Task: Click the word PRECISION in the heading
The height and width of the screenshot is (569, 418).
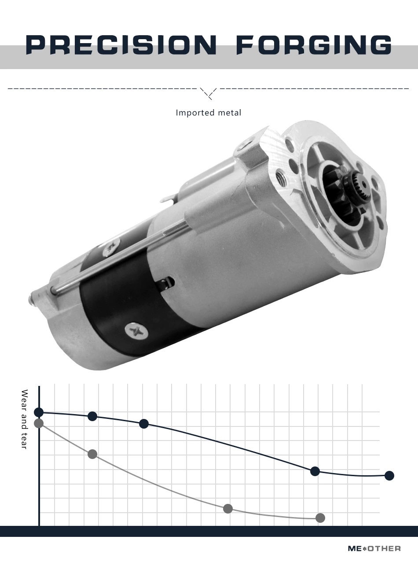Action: (x=121, y=45)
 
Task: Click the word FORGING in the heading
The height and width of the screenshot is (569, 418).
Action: (x=314, y=45)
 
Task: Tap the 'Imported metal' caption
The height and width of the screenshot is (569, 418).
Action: (x=208, y=113)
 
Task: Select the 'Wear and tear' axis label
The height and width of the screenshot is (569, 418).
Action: (x=24, y=419)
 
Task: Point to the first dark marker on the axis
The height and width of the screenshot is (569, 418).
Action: (x=39, y=412)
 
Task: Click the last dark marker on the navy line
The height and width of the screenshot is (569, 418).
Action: (x=389, y=476)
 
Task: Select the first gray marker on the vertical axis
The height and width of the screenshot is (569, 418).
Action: (x=39, y=423)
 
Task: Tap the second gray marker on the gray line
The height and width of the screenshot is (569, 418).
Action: (x=92, y=454)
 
